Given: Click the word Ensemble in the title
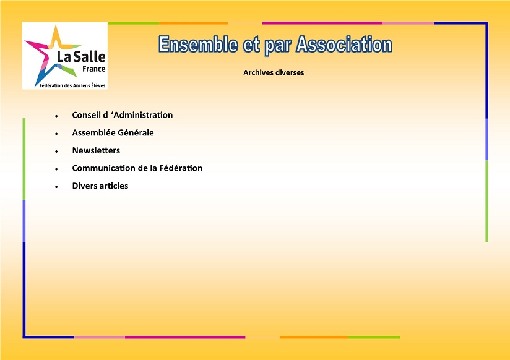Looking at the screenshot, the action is pos(198,45).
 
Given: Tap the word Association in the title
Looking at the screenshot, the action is pos(344,45).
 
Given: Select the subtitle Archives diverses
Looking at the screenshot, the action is pos(274,72).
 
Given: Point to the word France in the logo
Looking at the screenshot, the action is pos(93,69).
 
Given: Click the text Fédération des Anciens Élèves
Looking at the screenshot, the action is pos(72,85).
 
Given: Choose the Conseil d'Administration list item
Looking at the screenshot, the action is pos(123,115).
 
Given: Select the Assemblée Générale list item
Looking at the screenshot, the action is pos(113,133).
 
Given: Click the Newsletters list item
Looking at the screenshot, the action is pos(96,150).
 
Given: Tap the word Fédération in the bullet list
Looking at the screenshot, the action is pos(181,168).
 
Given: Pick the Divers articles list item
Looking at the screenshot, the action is pos(100,186).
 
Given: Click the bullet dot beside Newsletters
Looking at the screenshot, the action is pos(56,152).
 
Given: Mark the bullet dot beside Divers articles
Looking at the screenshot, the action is pos(56,187).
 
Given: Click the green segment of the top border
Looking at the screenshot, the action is pos(133,23).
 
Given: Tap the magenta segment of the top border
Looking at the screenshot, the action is pos(322,23).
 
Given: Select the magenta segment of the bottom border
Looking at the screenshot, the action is pos(185,337).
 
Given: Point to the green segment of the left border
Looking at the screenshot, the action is pos(24,159).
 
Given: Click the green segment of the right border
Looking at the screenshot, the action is pos(486,201).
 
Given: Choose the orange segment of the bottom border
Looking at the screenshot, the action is pos(314,337).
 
